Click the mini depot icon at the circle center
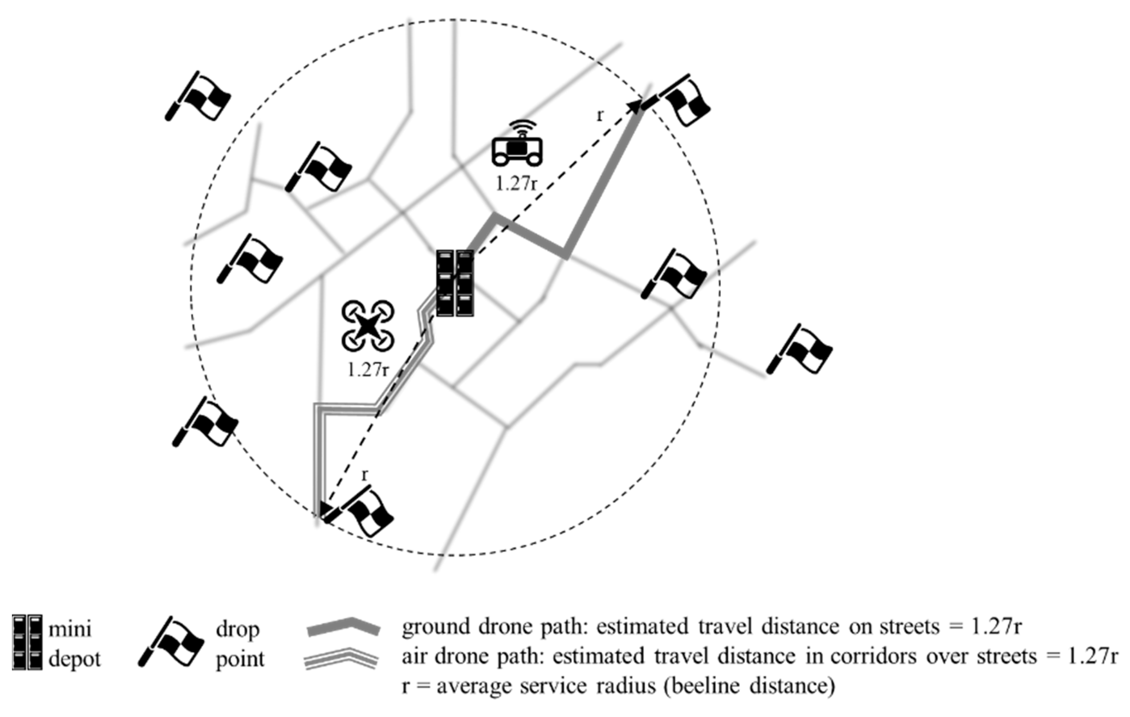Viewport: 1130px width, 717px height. tap(455, 283)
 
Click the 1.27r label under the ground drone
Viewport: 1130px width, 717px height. tap(516, 184)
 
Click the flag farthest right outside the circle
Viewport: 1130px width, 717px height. tap(800, 350)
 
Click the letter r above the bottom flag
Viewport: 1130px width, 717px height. tap(365, 475)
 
